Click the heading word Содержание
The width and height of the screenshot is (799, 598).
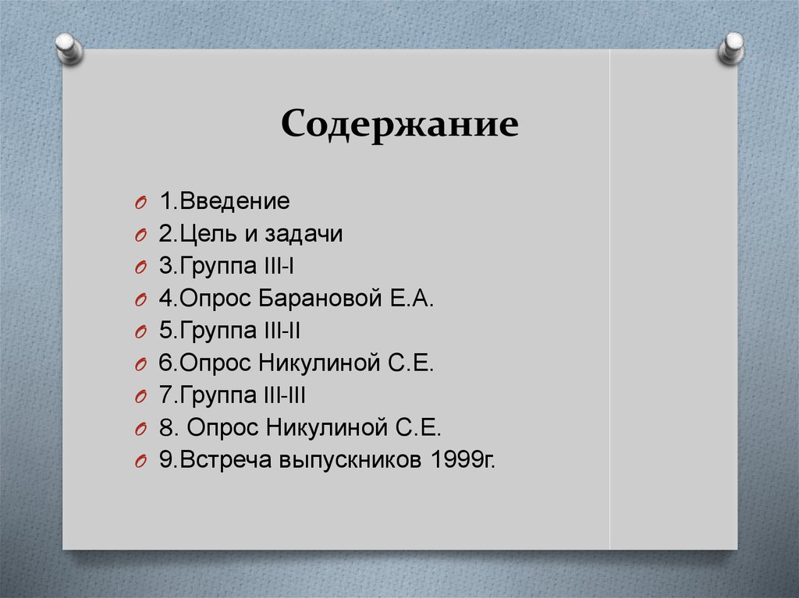click(x=399, y=123)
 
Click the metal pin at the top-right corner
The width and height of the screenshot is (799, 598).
click(x=731, y=48)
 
